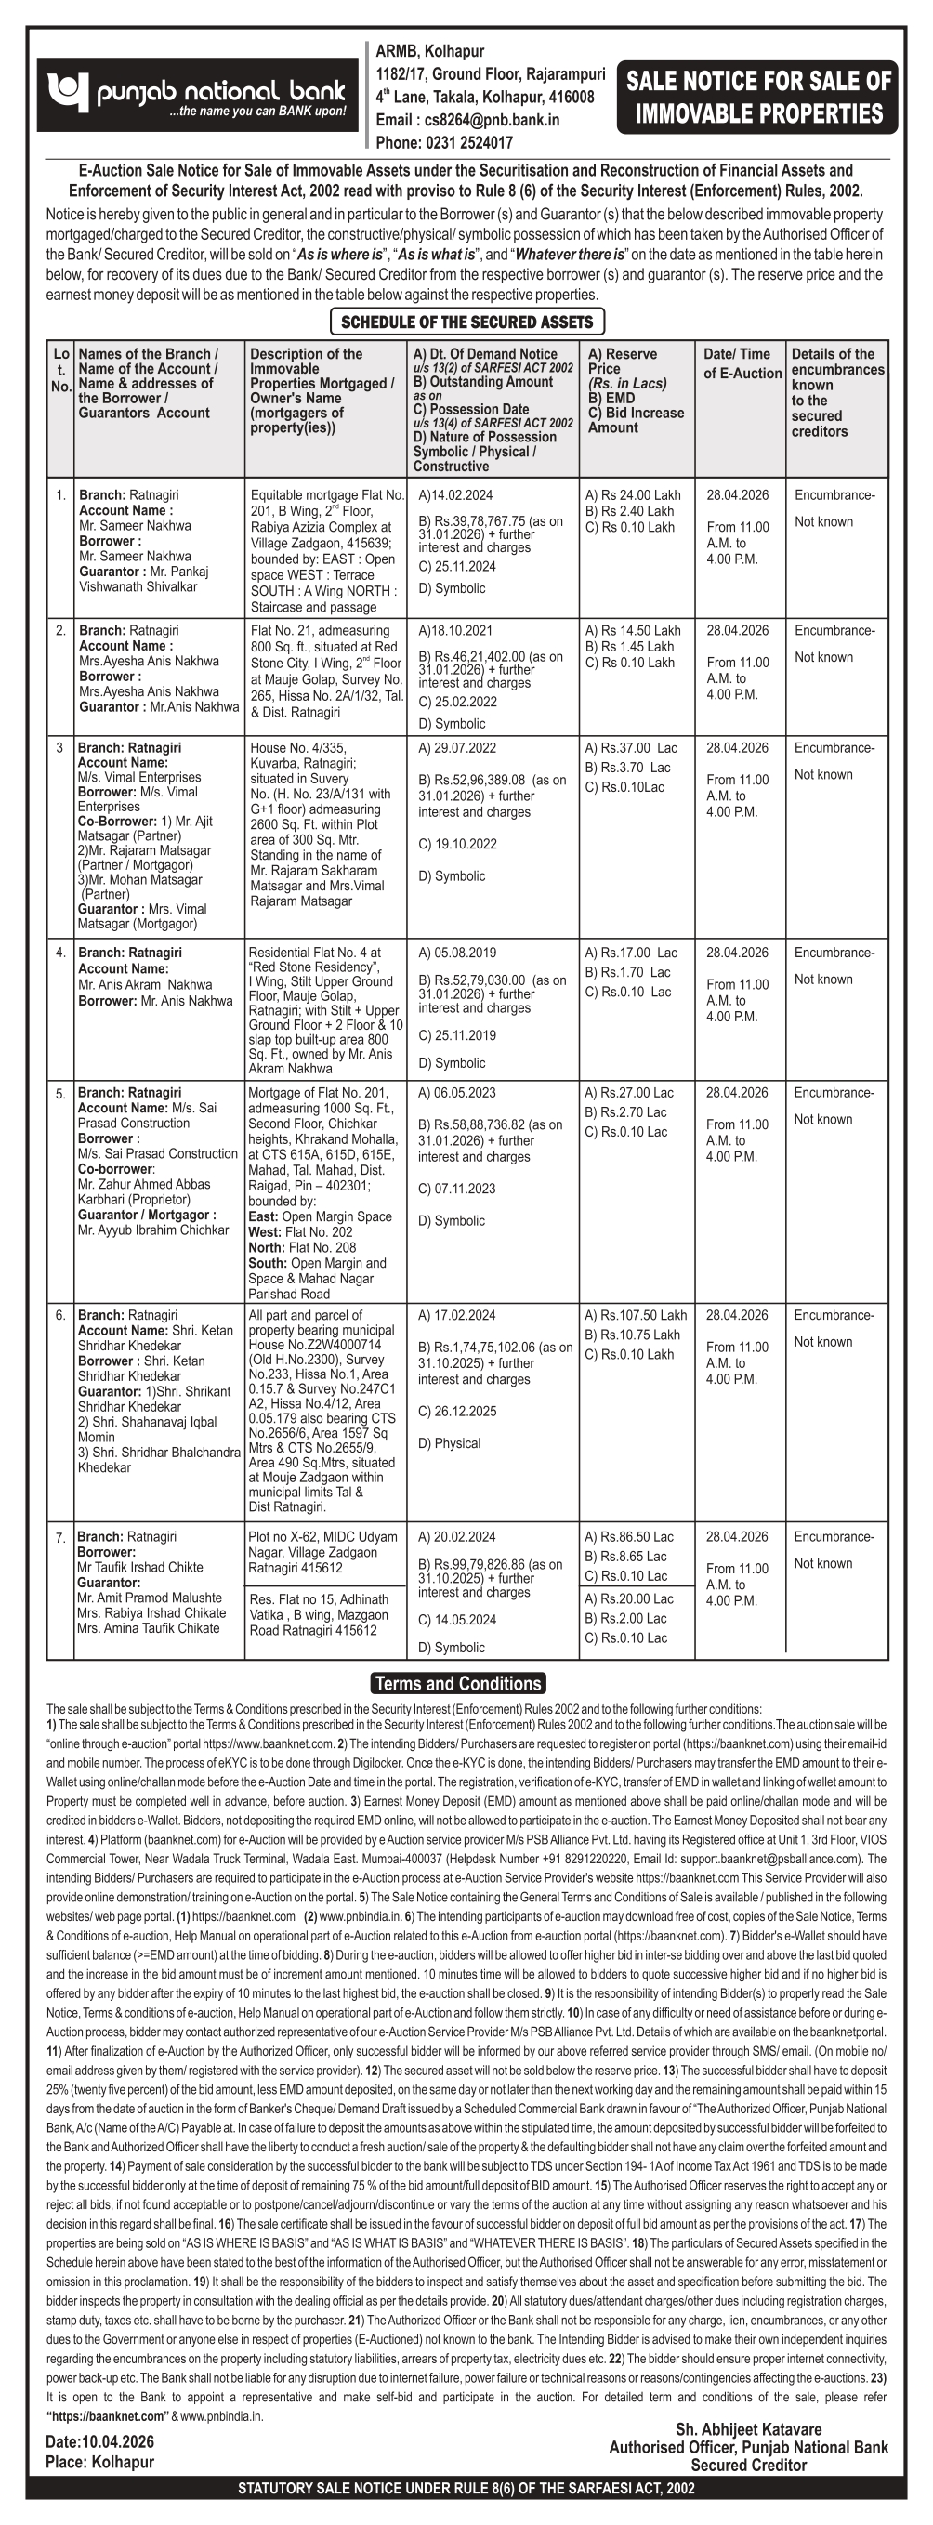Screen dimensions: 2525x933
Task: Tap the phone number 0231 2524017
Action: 468,143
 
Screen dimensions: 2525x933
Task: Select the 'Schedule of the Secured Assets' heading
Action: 466,322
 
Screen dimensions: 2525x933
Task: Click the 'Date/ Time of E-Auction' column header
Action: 742,362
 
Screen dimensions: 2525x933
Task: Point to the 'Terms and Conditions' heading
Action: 458,1684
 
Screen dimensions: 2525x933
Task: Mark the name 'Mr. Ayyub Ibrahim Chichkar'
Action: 153,1230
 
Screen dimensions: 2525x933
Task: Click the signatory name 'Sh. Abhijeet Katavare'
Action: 749,2429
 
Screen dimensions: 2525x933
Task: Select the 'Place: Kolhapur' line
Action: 99,2461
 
